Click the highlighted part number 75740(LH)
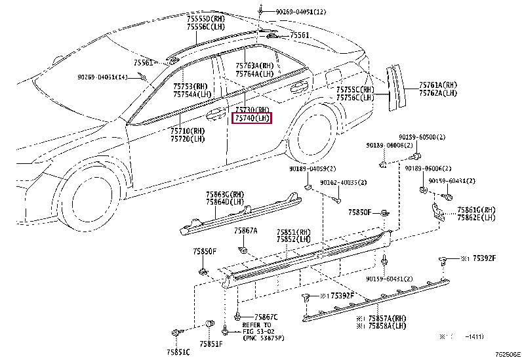pyautogui.click(x=252, y=118)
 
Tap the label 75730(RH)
pyautogui.click(x=252, y=110)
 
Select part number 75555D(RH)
pyautogui.click(x=205, y=18)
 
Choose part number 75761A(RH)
pyautogui.click(x=438, y=85)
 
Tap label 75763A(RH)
pyautogui.click(x=254, y=66)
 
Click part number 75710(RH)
pyautogui.click(x=188, y=130)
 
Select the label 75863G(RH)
pyautogui.click(x=224, y=195)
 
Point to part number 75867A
pyautogui.click(x=246, y=231)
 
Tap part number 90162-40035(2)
pyautogui.click(x=344, y=182)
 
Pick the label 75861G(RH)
pyautogui.click(x=476, y=210)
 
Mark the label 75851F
pyautogui.click(x=211, y=343)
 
